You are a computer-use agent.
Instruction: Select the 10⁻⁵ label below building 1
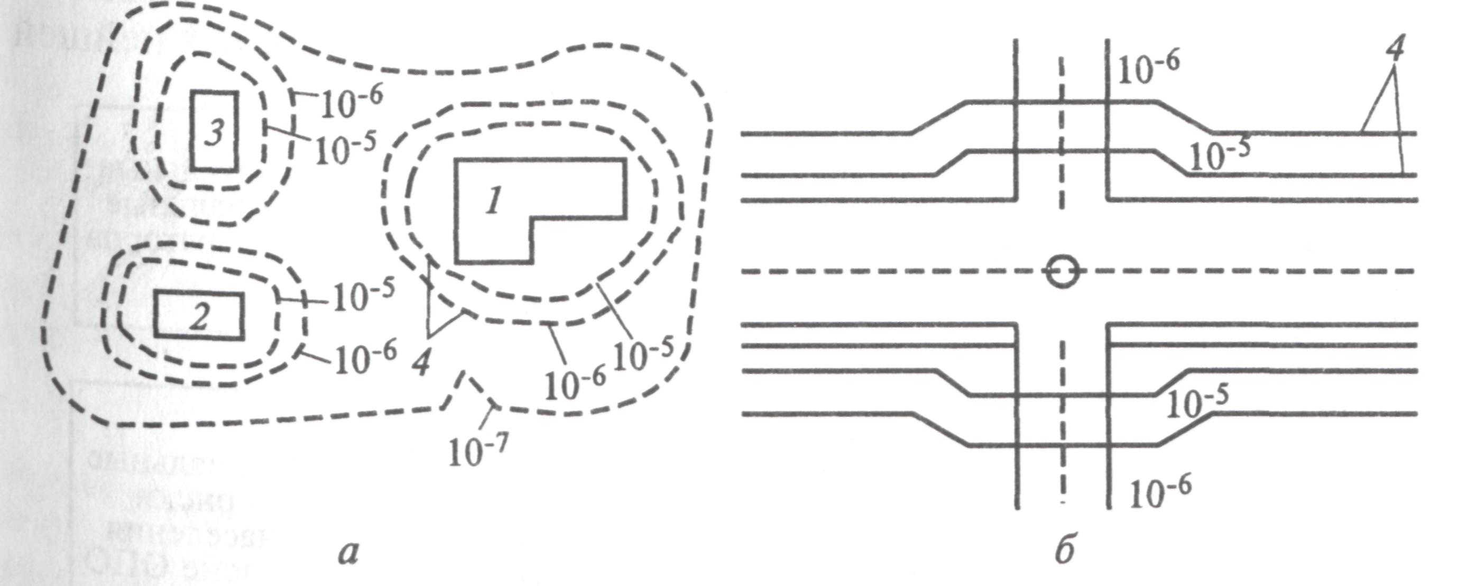[643, 354]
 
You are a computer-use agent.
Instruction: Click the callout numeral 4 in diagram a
[422, 362]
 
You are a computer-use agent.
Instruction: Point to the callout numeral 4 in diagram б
[1395, 48]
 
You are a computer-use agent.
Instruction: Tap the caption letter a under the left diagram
[348, 553]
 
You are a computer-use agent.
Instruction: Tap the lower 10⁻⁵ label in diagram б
[1197, 403]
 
